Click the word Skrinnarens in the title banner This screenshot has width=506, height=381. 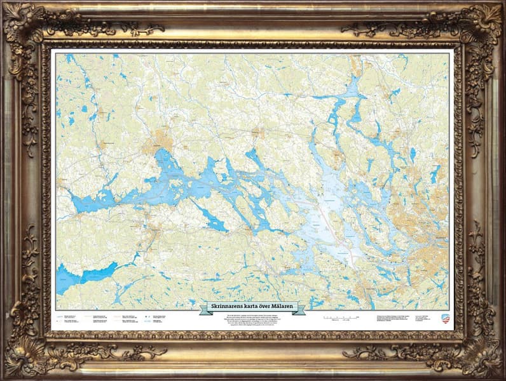click(228, 307)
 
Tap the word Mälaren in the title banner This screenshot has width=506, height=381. click(280, 307)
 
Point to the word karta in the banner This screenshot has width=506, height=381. click(250, 307)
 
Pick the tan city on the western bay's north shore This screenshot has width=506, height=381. click(157, 144)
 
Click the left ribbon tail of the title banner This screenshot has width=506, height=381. click(205, 309)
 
